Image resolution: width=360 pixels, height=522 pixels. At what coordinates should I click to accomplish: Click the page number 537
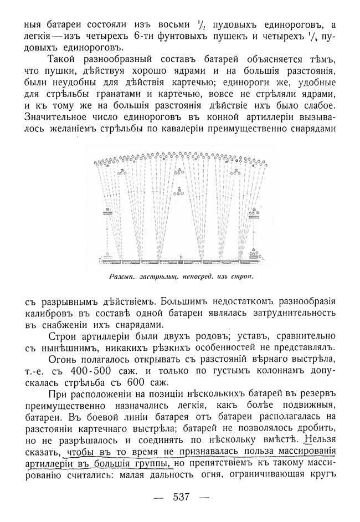click(181, 497)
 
